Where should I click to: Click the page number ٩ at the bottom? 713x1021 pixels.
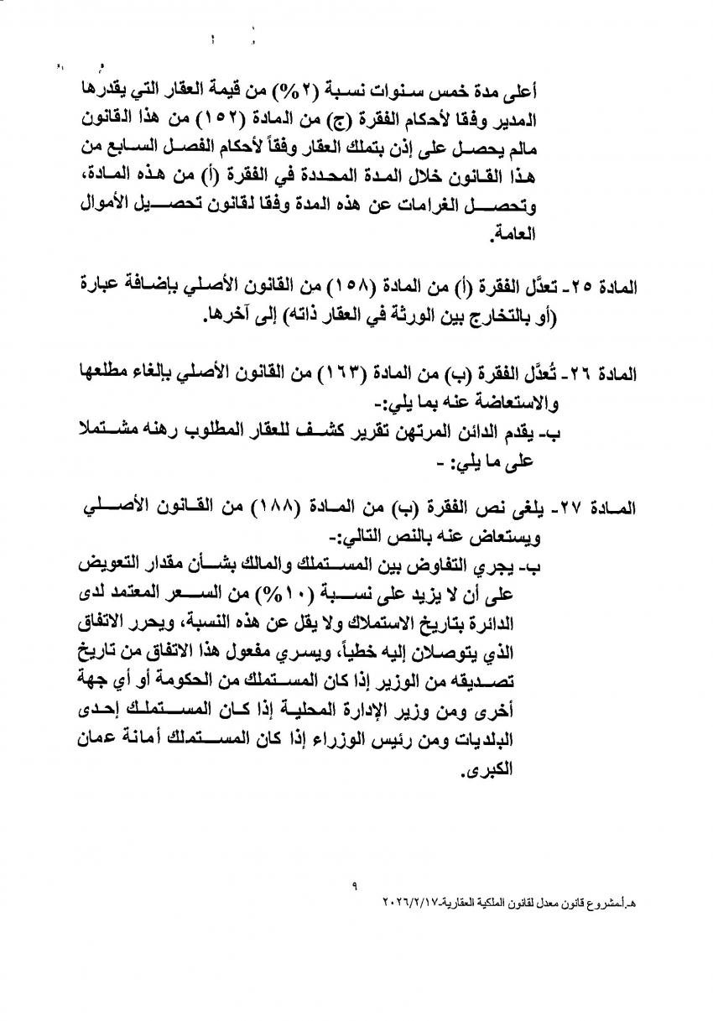356,884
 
